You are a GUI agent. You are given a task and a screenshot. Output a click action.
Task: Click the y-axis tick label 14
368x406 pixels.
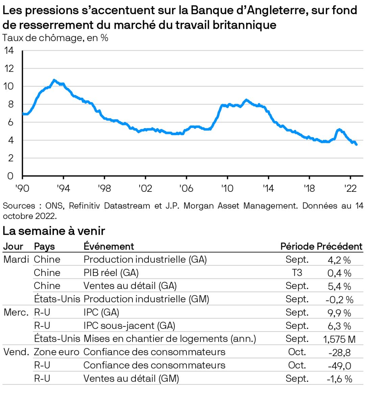tap(9, 51)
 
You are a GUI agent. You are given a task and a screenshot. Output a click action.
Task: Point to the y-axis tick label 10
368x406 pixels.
tap(9, 86)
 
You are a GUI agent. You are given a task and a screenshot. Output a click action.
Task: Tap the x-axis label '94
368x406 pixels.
tap(63, 188)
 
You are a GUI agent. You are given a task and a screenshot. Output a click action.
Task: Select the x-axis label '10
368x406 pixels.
tap(227, 188)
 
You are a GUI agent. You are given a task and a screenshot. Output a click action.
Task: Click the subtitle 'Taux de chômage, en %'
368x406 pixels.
tap(55, 38)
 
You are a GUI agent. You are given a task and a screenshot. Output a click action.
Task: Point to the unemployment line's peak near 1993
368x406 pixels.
tap(54, 80)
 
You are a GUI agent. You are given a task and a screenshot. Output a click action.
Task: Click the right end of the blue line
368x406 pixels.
tap(357, 144)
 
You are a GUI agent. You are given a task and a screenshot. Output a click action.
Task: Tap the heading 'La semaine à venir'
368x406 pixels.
tap(54, 231)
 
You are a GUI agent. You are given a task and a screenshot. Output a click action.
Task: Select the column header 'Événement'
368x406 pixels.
tap(108, 246)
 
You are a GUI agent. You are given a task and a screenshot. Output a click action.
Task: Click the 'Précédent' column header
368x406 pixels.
tap(339, 246)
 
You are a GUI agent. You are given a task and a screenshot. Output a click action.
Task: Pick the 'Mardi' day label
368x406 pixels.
tap(16, 260)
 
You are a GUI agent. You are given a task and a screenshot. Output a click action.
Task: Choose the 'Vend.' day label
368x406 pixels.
tap(16, 352)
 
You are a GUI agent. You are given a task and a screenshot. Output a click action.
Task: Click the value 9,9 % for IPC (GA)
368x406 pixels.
tap(339, 313)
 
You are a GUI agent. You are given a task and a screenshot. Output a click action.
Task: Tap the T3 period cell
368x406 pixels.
tap(297, 273)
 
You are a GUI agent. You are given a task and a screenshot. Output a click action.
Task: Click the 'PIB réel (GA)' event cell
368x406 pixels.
tap(111, 273)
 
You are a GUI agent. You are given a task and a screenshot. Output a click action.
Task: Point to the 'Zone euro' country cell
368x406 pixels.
tap(56, 352)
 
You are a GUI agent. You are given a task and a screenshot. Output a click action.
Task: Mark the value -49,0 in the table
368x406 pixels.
tap(339, 366)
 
